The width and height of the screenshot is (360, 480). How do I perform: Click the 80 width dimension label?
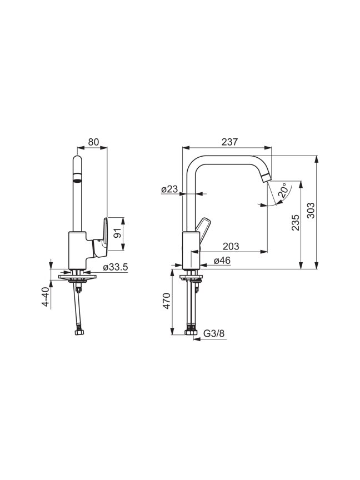tap(94, 142)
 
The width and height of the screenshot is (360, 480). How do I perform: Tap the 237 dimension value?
tap(229, 142)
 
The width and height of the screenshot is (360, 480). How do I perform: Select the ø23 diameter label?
tap(169, 189)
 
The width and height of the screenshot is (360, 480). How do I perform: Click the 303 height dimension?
tap(311, 211)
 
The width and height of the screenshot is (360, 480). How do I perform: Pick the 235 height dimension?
tap(295, 222)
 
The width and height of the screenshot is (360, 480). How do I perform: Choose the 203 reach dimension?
tap(231, 246)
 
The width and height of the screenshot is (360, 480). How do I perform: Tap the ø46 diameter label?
tap(222, 261)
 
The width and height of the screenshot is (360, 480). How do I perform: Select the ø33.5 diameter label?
tap(116, 267)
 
